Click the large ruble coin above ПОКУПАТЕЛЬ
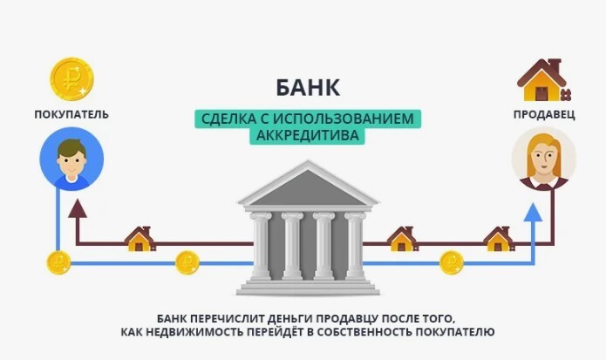71,77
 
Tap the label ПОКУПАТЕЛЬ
71,114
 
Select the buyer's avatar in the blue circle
71,159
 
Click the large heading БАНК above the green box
308,88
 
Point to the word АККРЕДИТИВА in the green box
308,136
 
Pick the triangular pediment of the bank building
308,184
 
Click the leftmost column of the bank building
261,245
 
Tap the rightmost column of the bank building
355,245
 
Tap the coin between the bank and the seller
451,262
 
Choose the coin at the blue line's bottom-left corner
58,262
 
